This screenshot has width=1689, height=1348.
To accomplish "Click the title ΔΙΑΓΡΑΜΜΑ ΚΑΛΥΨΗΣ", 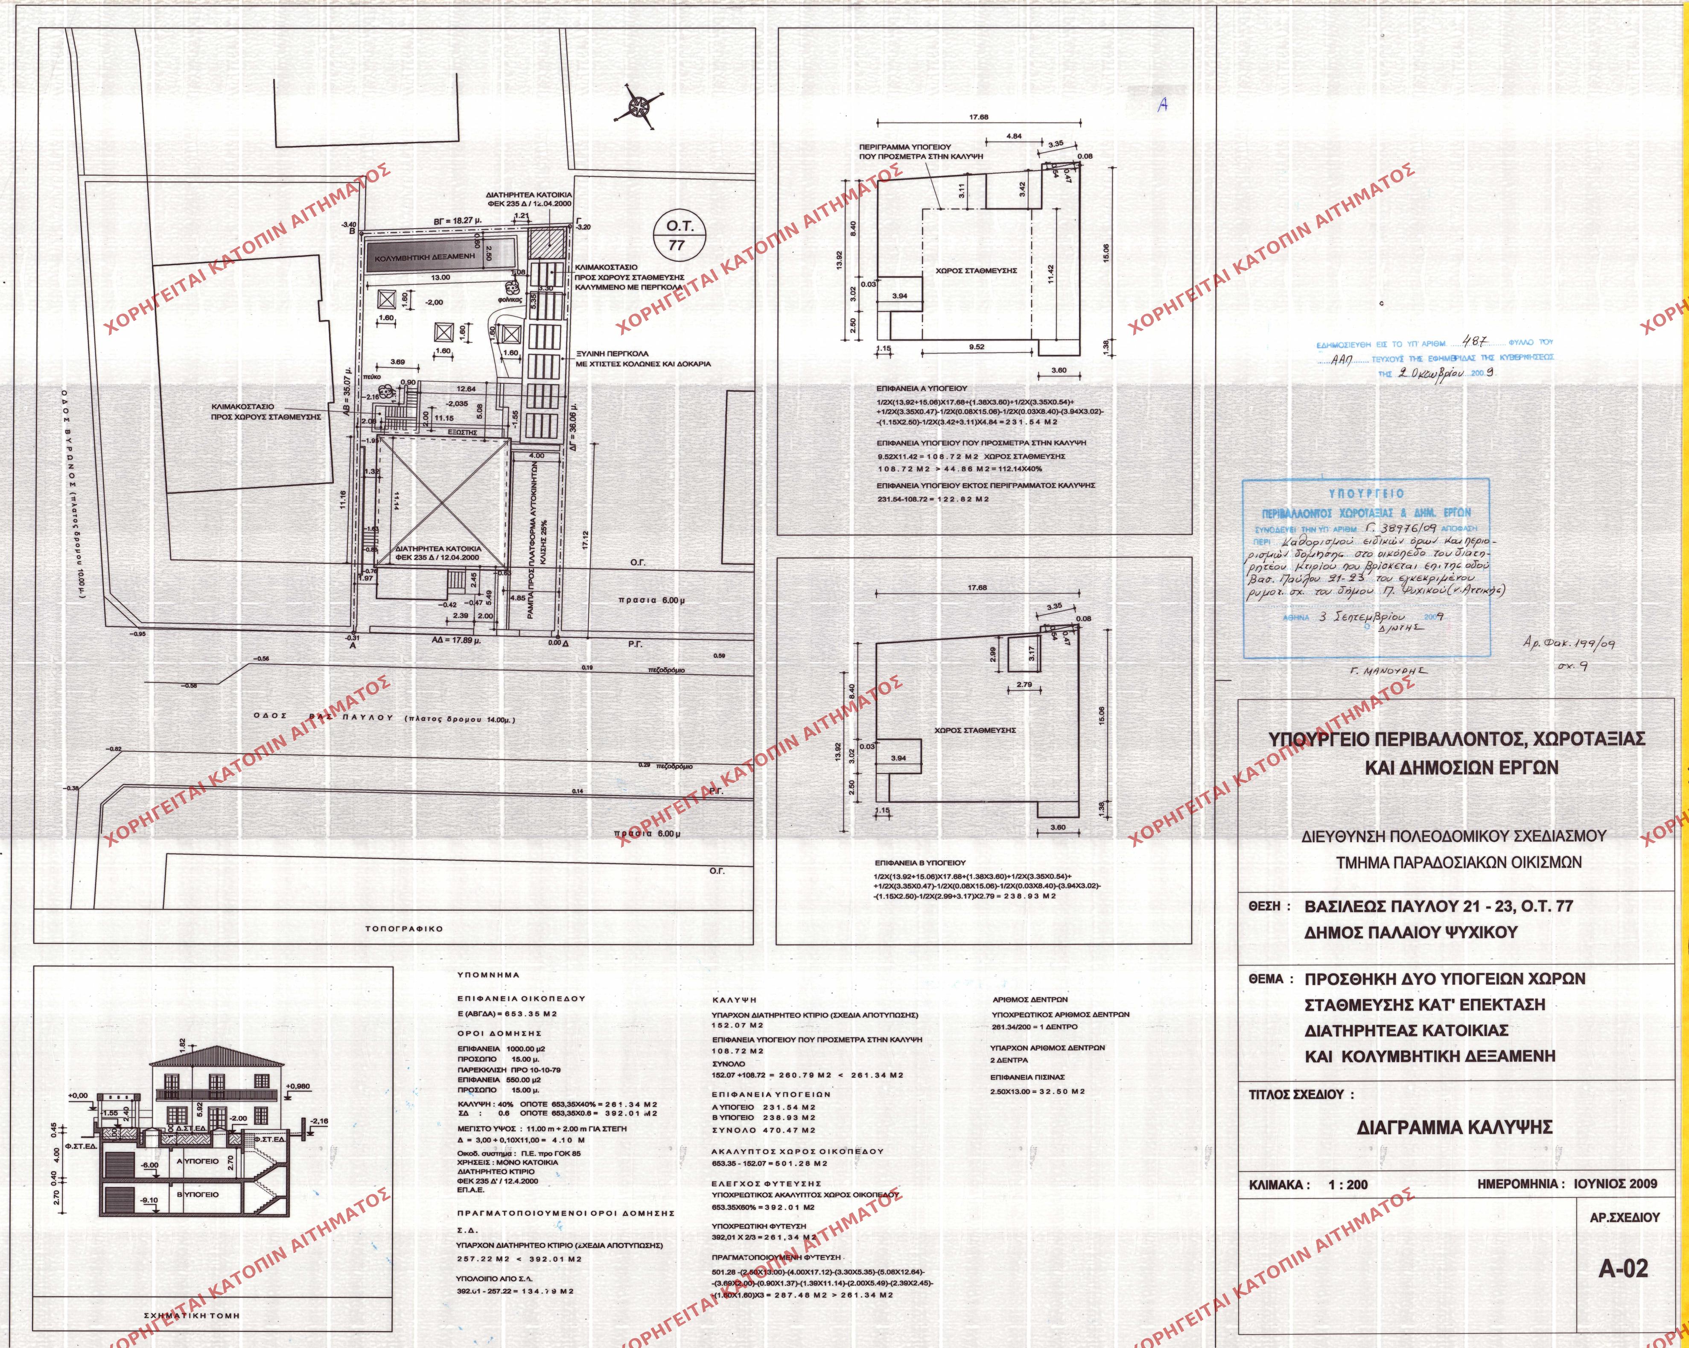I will coord(1454,1128).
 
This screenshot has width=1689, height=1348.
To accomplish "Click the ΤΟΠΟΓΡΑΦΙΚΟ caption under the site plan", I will coord(403,929).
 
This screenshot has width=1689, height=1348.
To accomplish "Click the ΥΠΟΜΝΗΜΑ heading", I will coord(489,976).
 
